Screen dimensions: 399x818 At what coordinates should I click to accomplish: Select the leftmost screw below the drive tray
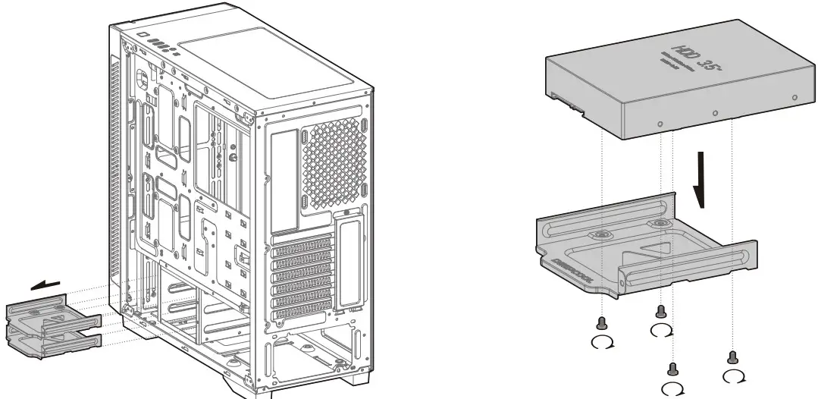click(602, 322)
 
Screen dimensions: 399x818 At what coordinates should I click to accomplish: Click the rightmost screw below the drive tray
click(732, 357)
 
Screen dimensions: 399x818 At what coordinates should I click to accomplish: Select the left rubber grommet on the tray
click(600, 236)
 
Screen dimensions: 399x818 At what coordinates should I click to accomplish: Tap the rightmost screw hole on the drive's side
click(794, 98)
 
